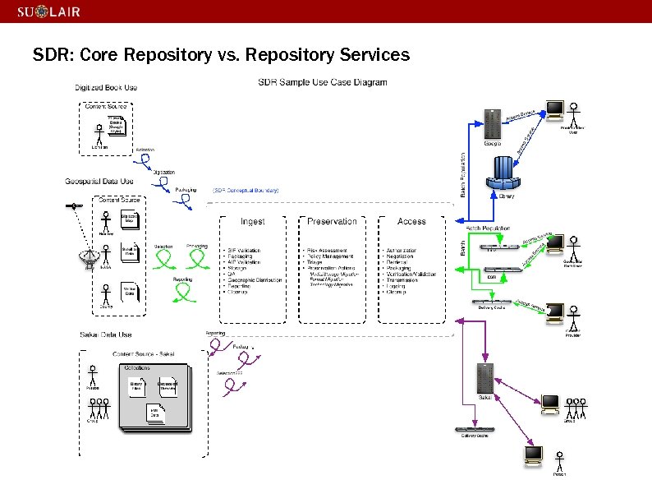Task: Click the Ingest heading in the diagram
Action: pos(252,221)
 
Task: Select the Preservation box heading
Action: pos(332,221)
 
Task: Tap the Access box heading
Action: pos(411,221)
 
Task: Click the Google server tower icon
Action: pos(493,124)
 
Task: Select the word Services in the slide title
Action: pos(370,55)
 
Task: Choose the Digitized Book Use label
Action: pos(106,87)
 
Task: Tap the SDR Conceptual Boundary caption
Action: pos(246,190)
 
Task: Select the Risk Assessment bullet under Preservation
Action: pos(327,251)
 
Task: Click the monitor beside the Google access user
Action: pos(556,109)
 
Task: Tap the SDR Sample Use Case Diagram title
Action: pos(323,82)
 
